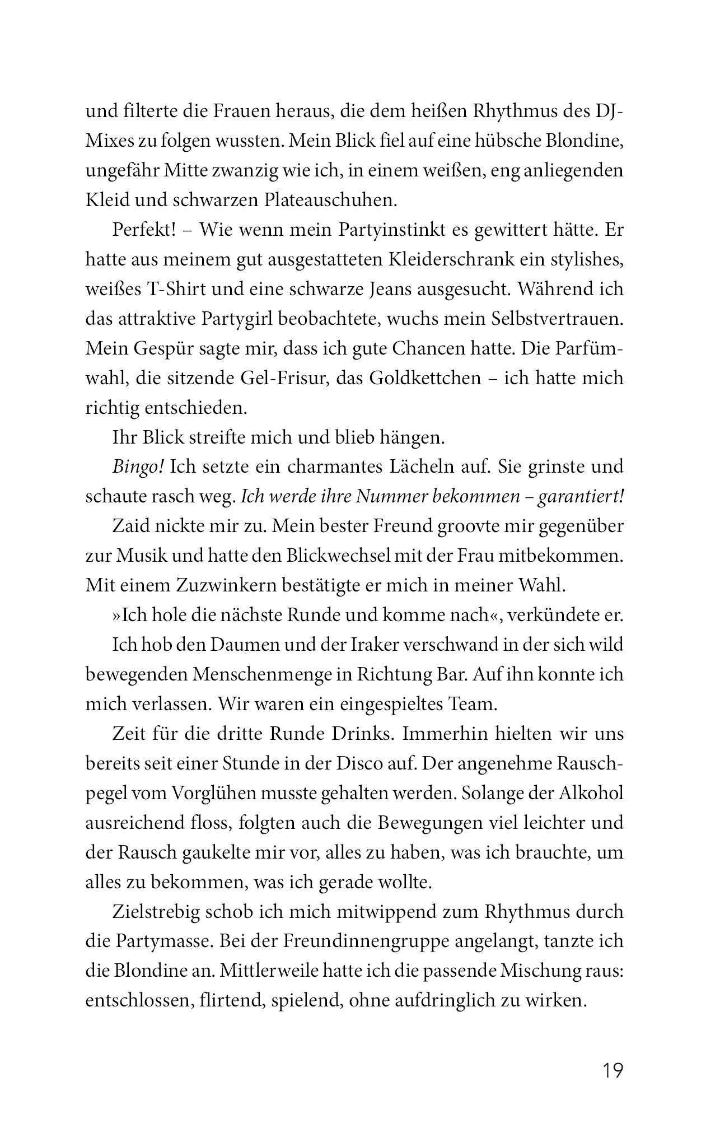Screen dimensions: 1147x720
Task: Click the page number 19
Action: point(613,1071)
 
